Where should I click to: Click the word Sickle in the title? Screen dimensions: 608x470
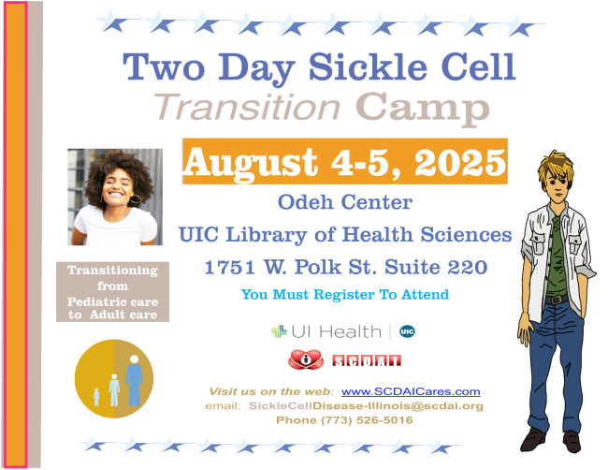[x=368, y=66]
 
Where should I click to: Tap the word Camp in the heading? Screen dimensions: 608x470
[x=422, y=109]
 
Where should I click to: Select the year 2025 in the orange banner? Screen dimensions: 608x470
[x=460, y=162]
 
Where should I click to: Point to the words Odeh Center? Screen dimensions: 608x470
[x=345, y=202]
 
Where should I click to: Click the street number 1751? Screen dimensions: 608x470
[x=229, y=267]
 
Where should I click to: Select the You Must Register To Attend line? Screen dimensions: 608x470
[x=345, y=295]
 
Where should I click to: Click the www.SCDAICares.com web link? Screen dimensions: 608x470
[x=411, y=391]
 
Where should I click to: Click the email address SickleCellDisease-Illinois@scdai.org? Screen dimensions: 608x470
[x=366, y=406]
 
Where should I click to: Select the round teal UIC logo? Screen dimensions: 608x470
[x=407, y=331]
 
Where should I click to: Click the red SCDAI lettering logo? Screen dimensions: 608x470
[x=367, y=361]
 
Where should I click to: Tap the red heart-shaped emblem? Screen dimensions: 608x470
[x=306, y=360]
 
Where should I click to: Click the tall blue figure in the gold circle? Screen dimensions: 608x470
[x=134, y=380]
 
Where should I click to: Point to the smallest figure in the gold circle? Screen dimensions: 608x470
[x=96, y=397]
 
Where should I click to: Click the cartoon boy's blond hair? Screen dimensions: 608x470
[x=557, y=166]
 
